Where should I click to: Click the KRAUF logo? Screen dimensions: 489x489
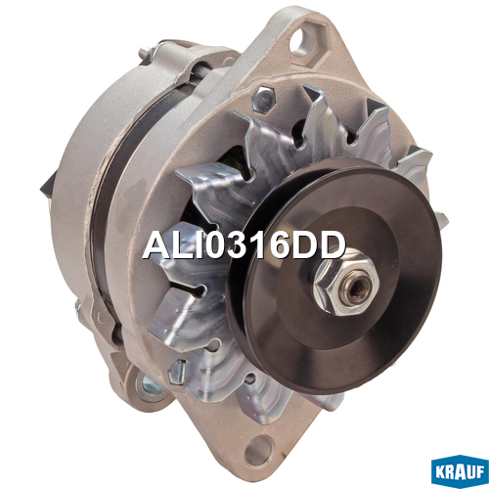click(460, 471)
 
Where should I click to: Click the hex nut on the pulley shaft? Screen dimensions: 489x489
click(346, 284)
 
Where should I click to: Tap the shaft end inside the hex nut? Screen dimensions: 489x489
click(358, 288)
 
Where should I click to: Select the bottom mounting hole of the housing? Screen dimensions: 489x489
click(258, 451)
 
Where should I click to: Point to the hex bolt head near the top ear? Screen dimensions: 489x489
click(264, 99)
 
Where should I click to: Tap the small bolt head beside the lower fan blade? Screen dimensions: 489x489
click(178, 372)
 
